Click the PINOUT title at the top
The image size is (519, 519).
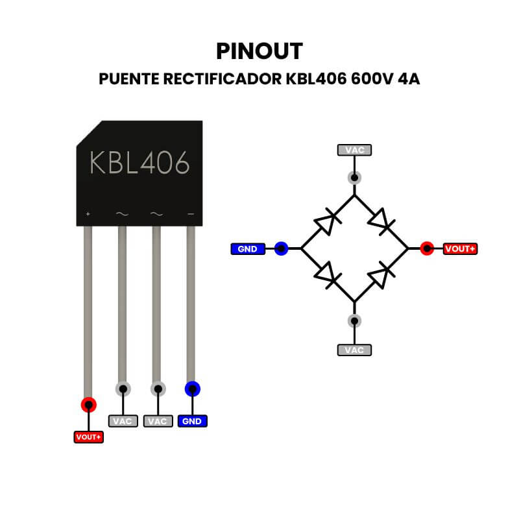coord(259,51)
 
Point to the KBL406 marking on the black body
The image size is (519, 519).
coord(139,162)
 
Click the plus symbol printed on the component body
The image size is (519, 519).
coord(88,213)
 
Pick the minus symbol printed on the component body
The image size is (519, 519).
coord(191,213)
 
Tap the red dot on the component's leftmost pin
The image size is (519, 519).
coord(88,405)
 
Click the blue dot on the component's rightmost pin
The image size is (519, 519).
coord(192,389)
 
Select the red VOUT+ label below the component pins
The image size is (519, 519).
coord(88,437)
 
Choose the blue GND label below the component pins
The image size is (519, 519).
coord(192,421)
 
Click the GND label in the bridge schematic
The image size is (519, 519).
coord(248,248)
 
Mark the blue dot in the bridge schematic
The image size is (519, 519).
coord(281,248)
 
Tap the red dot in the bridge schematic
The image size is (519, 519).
coord(426,248)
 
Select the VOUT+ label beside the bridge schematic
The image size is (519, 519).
coord(460,248)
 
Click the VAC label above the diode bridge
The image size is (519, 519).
coord(354,150)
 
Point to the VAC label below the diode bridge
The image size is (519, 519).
coord(354,350)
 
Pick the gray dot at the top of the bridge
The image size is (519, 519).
coord(354,177)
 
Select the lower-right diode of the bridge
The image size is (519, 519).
coord(381,275)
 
